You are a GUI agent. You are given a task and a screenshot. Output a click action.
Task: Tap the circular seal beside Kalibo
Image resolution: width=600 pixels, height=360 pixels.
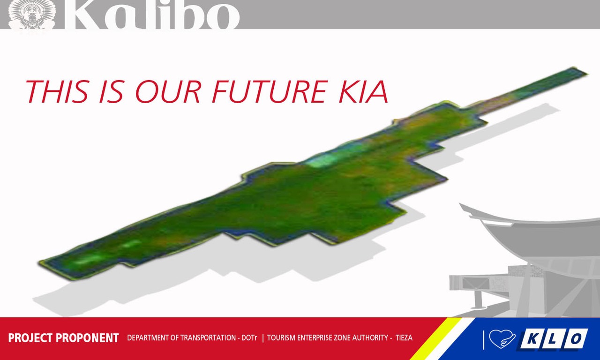(x=32, y=15)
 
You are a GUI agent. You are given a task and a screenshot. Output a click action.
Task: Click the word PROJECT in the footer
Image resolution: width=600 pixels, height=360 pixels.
(x=30, y=338)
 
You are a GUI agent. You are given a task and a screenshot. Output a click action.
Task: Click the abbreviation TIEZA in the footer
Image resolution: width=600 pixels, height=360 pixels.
(x=404, y=338)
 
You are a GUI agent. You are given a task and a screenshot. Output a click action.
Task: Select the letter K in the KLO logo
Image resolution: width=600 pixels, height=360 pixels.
(x=532, y=339)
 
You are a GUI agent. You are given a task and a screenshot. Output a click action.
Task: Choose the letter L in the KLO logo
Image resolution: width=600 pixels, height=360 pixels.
(x=553, y=339)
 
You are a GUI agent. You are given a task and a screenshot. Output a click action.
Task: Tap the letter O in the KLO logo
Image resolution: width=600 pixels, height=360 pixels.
(x=575, y=339)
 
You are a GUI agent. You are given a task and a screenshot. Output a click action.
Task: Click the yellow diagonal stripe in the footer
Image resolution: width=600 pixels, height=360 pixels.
(x=436, y=339)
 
